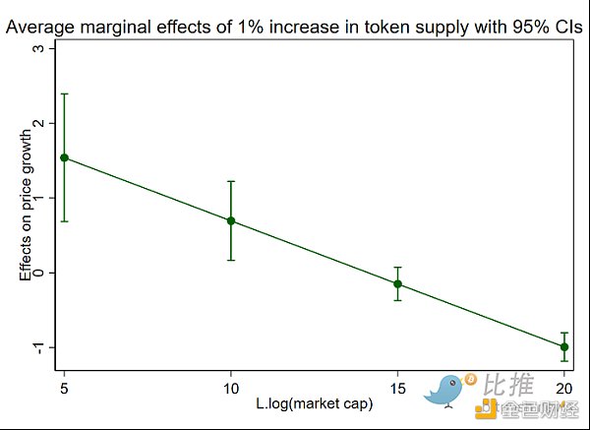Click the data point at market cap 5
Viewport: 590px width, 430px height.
pyautogui.click(x=64, y=157)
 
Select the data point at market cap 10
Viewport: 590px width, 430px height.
pyautogui.click(x=231, y=220)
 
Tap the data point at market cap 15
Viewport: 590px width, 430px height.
pyautogui.click(x=398, y=283)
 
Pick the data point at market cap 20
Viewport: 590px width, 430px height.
pyautogui.click(x=564, y=346)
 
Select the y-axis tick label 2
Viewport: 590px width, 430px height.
pyautogui.click(x=38, y=122)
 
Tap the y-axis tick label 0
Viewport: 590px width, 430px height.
pyautogui.click(x=38, y=272)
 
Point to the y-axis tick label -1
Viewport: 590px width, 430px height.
pyautogui.click(x=38, y=346)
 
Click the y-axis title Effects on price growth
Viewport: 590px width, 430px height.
pyautogui.click(x=26, y=197)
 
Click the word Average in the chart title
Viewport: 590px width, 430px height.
pyautogui.click(x=40, y=27)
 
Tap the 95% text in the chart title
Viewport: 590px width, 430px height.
pyautogui.click(x=502, y=27)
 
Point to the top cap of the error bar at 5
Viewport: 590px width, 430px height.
pyautogui.click(x=64, y=93)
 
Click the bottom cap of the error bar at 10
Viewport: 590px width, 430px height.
pyautogui.click(x=231, y=260)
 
